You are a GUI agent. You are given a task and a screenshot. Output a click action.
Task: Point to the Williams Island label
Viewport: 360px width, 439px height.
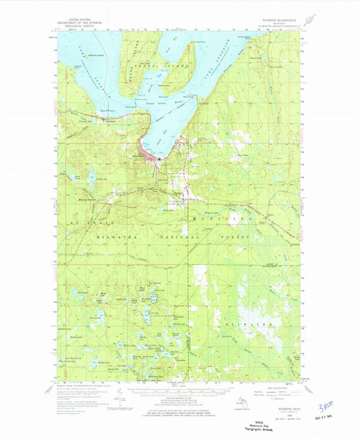tap(96, 55)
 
